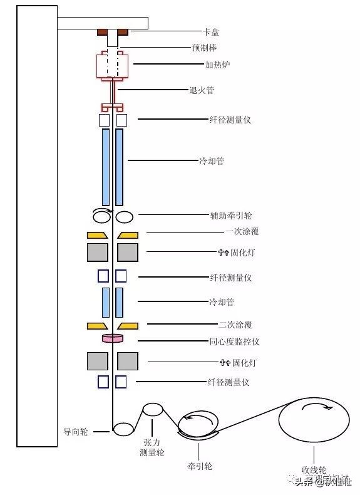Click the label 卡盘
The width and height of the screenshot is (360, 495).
point(211,31)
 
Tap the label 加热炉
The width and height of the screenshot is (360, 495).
point(217,64)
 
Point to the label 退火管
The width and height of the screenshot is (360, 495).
point(201,90)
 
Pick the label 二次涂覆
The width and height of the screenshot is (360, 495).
point(235,325)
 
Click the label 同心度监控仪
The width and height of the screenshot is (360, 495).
point(234,341)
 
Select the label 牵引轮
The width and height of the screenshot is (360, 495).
point(199,467)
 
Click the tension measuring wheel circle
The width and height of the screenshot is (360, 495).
point(152,410)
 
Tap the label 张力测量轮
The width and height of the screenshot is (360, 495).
point(152,447)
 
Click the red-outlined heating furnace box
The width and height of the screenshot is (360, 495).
point(113,65)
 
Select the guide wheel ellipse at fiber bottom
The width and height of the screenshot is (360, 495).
point(123,429)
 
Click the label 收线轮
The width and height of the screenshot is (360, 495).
point(314,469)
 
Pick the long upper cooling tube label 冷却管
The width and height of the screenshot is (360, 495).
point(212,161)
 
